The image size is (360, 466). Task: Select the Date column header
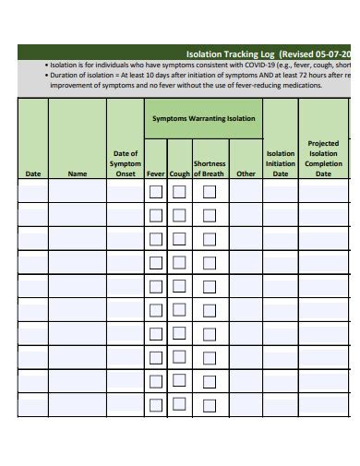point(33,173)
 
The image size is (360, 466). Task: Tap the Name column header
point(78,173)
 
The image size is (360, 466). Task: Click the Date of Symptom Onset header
point(126,162)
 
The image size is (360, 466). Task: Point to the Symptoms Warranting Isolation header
point(203,119)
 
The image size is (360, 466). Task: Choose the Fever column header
point(156,173)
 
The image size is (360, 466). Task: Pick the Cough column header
point(179,173)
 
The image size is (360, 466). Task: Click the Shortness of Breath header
point(210,168)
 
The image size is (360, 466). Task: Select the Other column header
point(246,173)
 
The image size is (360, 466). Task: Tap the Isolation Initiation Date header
point(281,162)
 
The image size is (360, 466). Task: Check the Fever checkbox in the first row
point(156,192)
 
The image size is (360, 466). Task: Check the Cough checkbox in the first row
point(179,192)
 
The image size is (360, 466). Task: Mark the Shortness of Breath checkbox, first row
point(210,192)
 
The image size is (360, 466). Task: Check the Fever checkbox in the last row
point(156,404)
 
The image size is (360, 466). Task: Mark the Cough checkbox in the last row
point(179,404)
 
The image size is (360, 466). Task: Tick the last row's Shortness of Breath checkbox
point(210,404)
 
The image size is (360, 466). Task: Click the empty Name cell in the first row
point(78,192)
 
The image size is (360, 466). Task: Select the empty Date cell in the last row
point(33,404)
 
